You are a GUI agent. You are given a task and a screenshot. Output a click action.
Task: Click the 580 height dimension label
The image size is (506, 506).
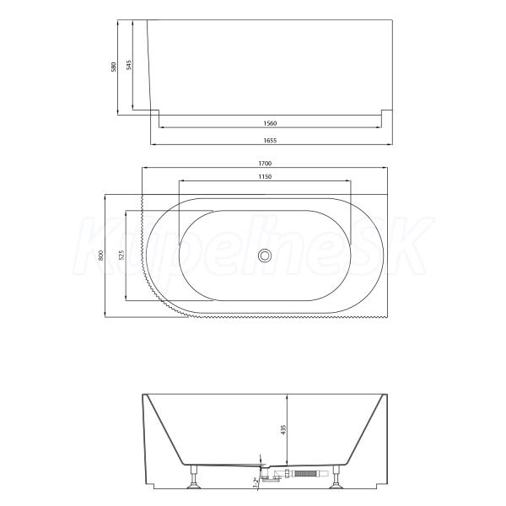114,67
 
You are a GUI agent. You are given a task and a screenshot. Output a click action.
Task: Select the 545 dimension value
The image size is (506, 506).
129,65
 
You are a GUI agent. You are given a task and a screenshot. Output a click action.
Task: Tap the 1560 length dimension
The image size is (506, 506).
270,123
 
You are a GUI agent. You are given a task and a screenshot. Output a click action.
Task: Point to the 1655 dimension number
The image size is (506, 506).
270,140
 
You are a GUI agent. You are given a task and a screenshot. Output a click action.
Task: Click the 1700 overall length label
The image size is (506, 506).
265,164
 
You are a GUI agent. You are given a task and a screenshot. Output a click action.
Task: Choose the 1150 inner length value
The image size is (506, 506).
265,176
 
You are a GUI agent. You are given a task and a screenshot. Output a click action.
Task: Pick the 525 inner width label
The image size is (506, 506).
121,256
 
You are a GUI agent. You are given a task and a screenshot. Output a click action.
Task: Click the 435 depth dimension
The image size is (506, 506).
283,429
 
